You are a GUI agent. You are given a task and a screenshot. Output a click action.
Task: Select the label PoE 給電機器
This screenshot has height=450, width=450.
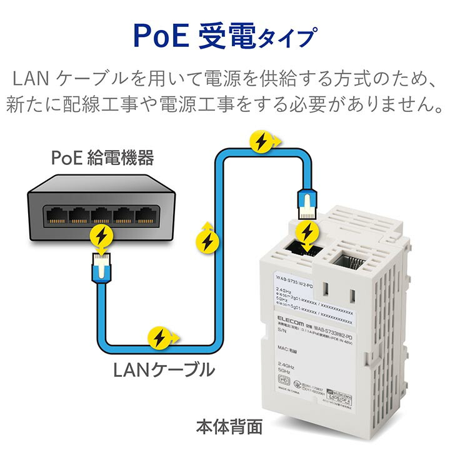coord(102,157)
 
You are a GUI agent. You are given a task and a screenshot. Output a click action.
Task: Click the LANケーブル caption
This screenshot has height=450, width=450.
coord(163,370)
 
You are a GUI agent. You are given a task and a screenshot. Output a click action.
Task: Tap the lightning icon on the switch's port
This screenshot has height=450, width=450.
coord(101,236)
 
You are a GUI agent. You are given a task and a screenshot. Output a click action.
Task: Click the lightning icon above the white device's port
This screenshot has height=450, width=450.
coord(307,232)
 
